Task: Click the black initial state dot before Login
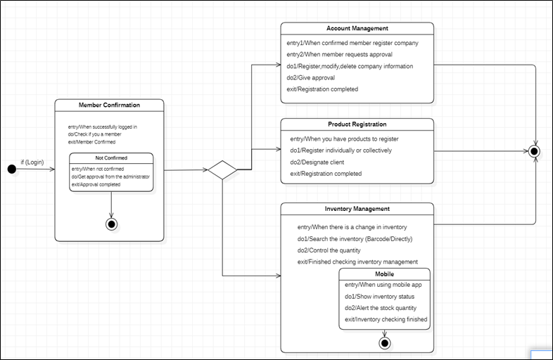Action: pyautogui.click(x=11, y=169)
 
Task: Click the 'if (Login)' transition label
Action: pyautogui.click(x=32, y=162)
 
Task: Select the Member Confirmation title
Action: pyautogui.click(x=109, y=105)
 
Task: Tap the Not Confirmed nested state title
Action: pyautogui.click(x=111, y=158)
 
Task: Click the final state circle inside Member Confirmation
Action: pyautogui.click(x=111, y=224)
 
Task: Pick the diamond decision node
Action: pyautogui.click(x=222, y=170)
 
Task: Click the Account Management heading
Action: pyautogui.click(x=357, y=29)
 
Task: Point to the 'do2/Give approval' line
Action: pyautogui.click(x=310, y=77)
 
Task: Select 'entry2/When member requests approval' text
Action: pyautogui.click(x=339, y=54)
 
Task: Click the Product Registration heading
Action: pyautogui.click(x=357, y=124)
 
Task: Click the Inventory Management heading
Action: pyautogui.click(x=357, y=209)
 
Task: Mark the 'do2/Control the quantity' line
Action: pyautogui.click(x=329, y=250)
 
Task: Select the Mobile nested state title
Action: pyautogui.click(x=384, y=274)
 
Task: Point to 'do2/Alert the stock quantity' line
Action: pyautogui.click(x=381, y=308)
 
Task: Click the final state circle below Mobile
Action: pyautogui.click(x=384, y=343)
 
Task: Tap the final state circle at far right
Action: pyautogui.click(x=535, y=151)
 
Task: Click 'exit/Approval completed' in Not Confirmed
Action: pyautogui.click(x=96, y=184)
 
